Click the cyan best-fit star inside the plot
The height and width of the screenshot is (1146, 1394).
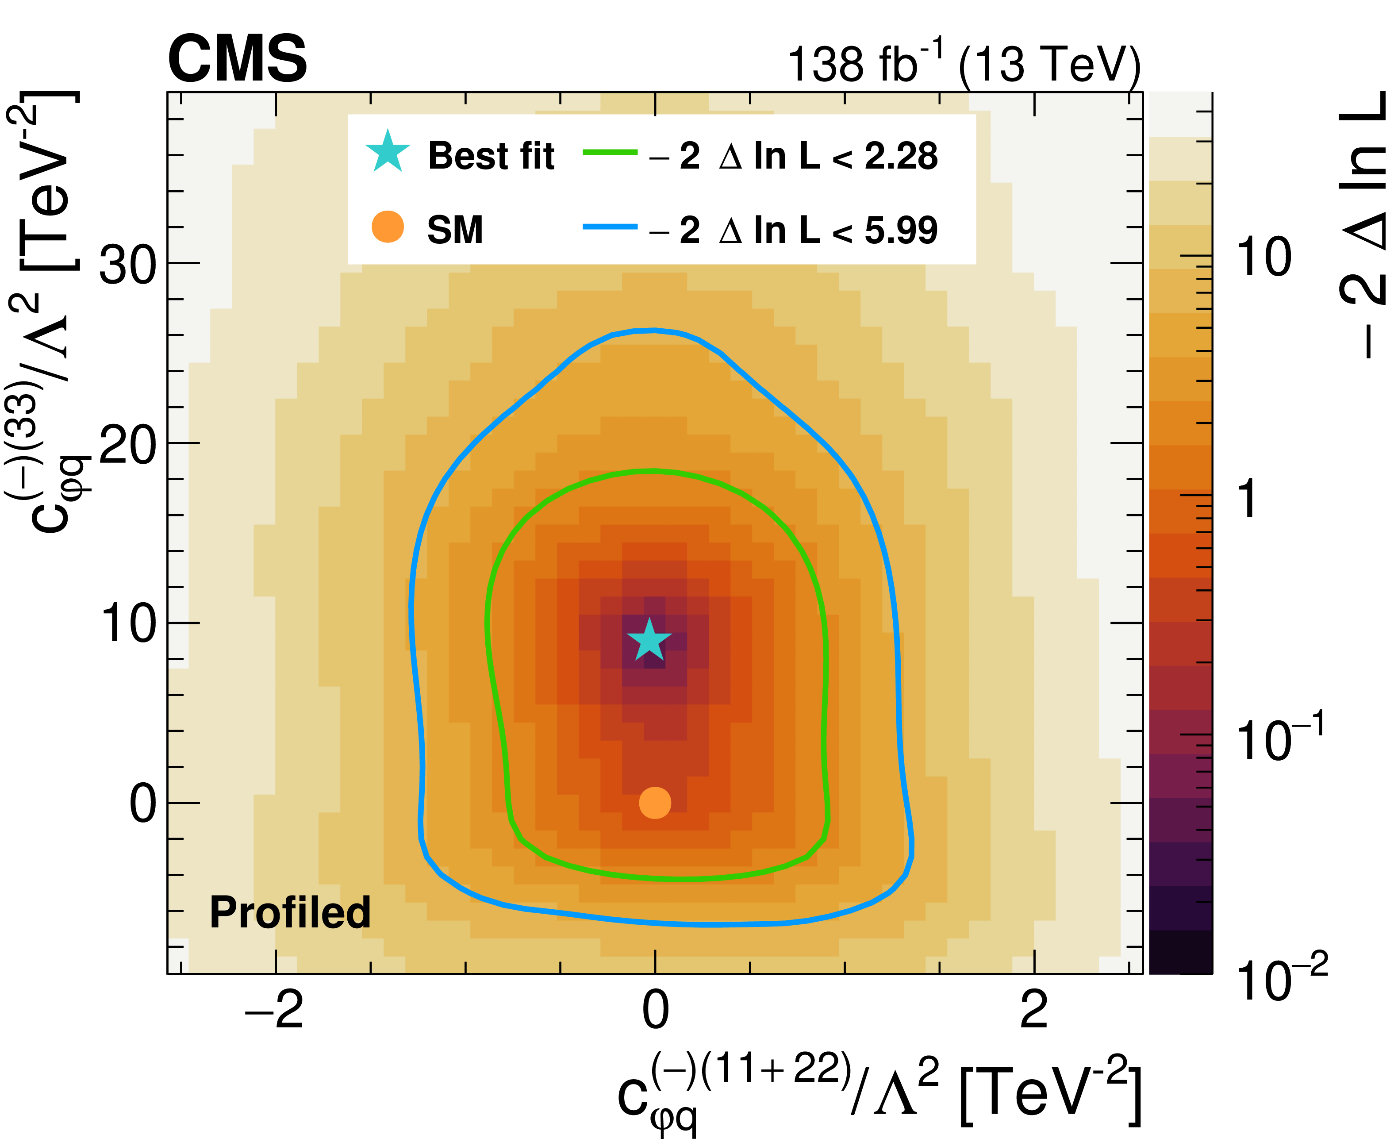[649, 640]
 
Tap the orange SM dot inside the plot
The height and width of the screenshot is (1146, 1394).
[655, 803]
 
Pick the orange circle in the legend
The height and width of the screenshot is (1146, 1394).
[388, 227]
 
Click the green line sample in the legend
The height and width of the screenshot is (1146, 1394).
[609, 153]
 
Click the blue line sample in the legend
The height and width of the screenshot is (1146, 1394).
[609, 227]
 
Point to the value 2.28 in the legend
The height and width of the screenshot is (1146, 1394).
[901, 157]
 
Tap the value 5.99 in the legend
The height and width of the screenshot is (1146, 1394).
[901, 231]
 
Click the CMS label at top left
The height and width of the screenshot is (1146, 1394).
[238, 59]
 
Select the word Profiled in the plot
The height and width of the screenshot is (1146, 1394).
[290, 912]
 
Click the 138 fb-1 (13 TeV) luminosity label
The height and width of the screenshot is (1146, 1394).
[964, 65]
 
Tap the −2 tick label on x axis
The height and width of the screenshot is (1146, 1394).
[274, 1010]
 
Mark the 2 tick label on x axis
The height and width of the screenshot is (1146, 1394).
[1033, 1010]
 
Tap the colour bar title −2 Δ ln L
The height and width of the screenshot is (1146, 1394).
[1363, 224]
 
